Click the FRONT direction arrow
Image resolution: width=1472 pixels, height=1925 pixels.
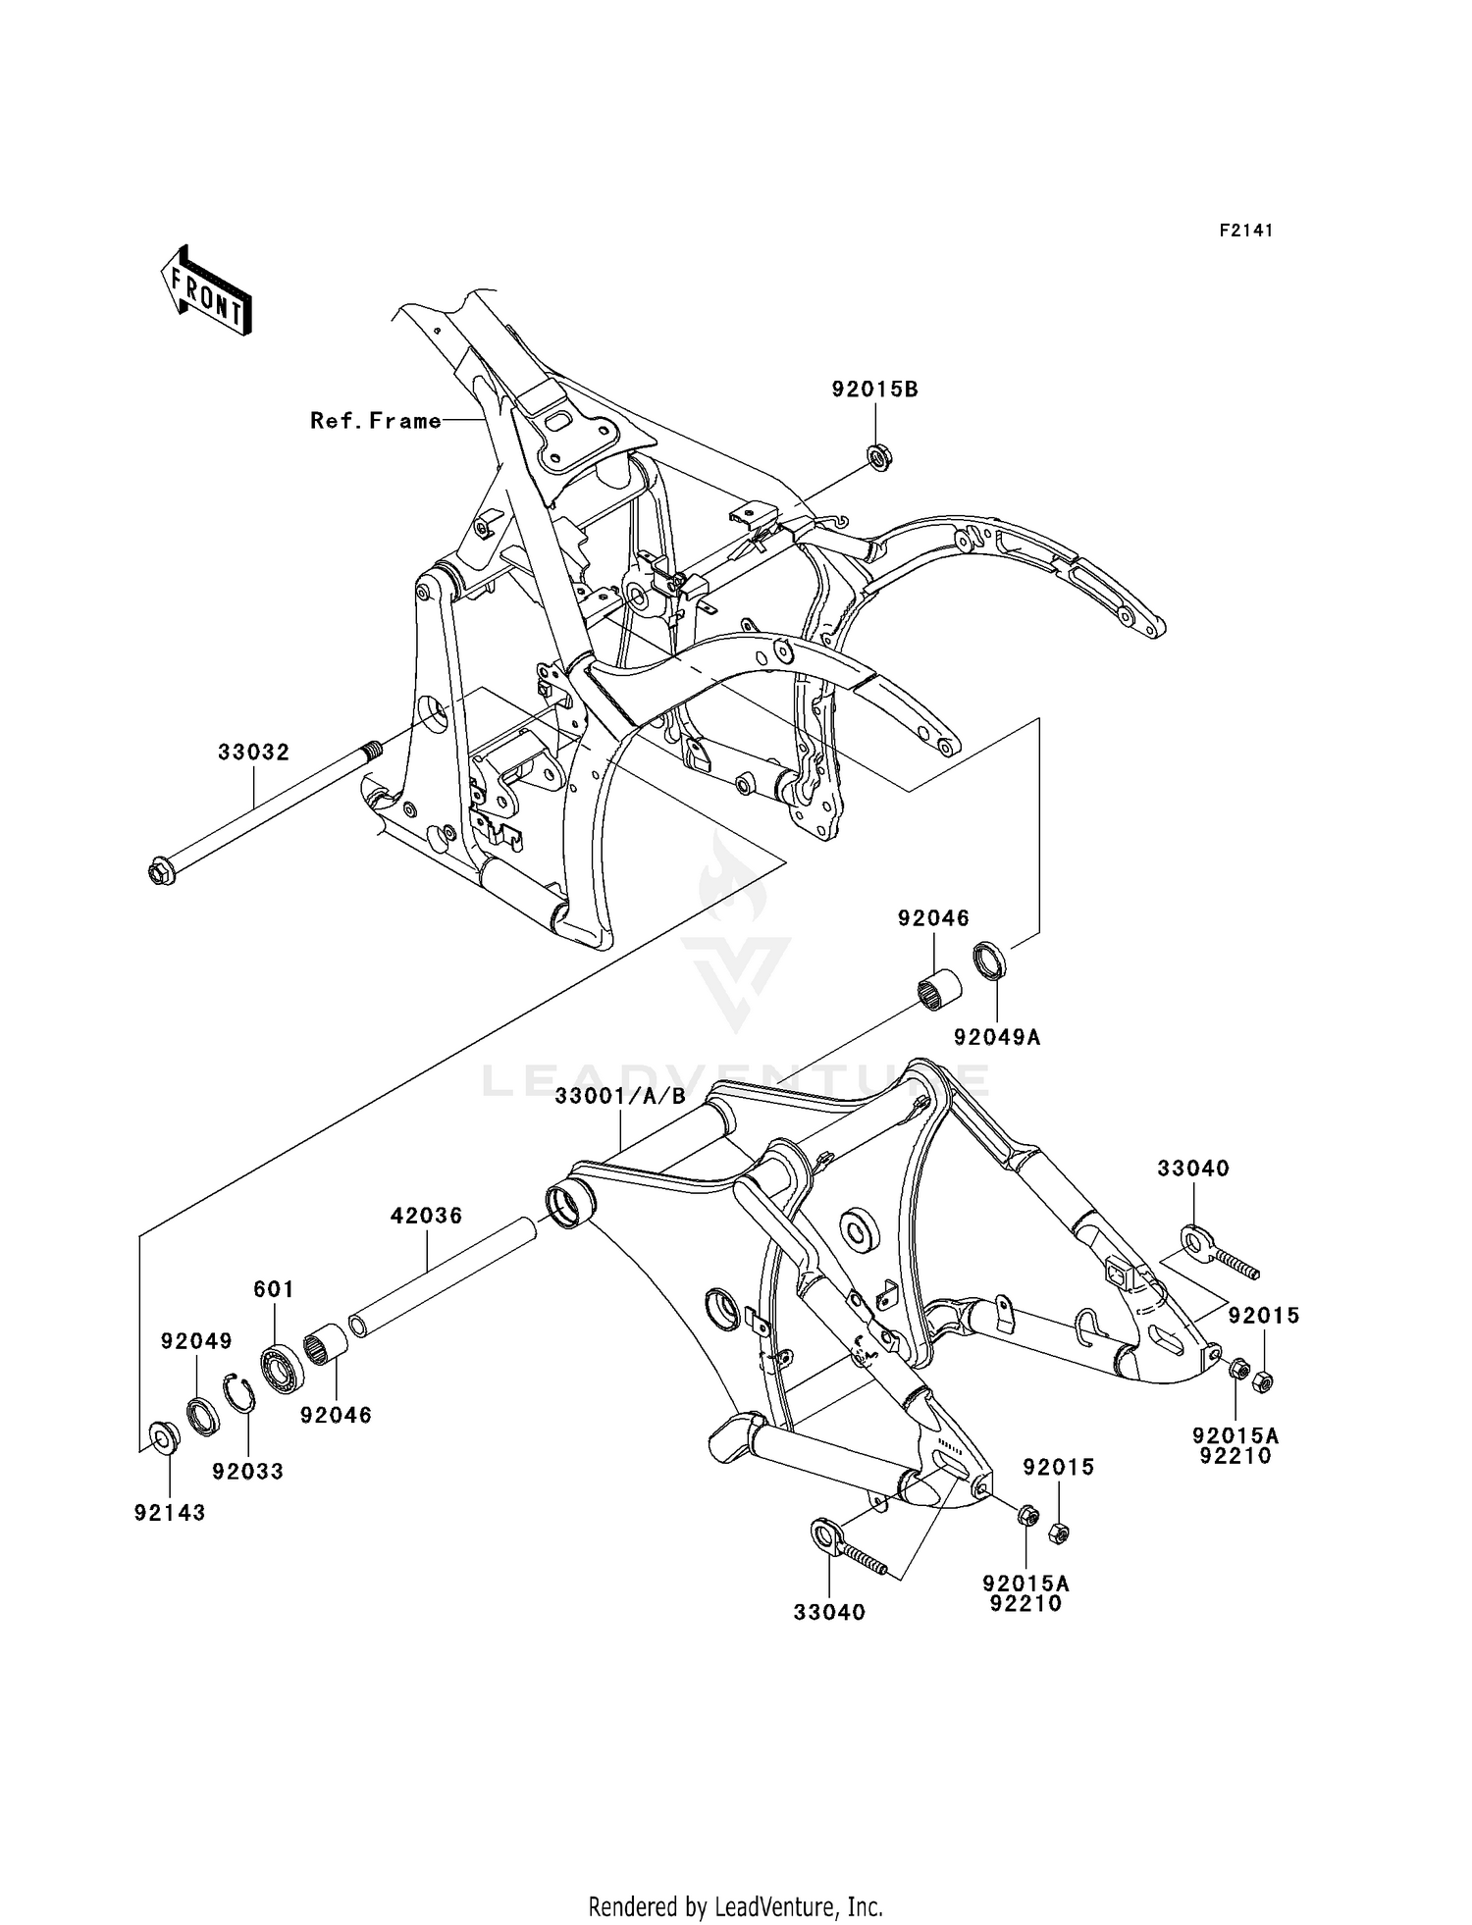pos(206,292)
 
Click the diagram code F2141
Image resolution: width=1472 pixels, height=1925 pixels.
pos(1246,231)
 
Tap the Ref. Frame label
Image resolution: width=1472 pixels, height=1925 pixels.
pos(375,421)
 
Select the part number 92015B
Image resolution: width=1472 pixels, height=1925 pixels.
pos(874,389)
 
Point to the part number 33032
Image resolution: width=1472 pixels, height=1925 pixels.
pos(253,753)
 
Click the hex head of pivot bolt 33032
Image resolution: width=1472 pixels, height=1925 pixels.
pos(161,870)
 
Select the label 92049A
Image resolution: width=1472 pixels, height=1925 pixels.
pos(997,1036)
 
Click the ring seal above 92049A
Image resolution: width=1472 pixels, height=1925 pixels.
pos(989,960)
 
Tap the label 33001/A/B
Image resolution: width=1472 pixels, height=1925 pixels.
pos(620,1096)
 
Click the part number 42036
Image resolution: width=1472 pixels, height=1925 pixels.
pos(426,1216)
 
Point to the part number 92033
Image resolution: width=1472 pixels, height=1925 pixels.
pos(247,1471)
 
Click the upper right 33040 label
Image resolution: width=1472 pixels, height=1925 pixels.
pos(1192,1169)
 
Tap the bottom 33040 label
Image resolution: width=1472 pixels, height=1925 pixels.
pos(829,1612)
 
